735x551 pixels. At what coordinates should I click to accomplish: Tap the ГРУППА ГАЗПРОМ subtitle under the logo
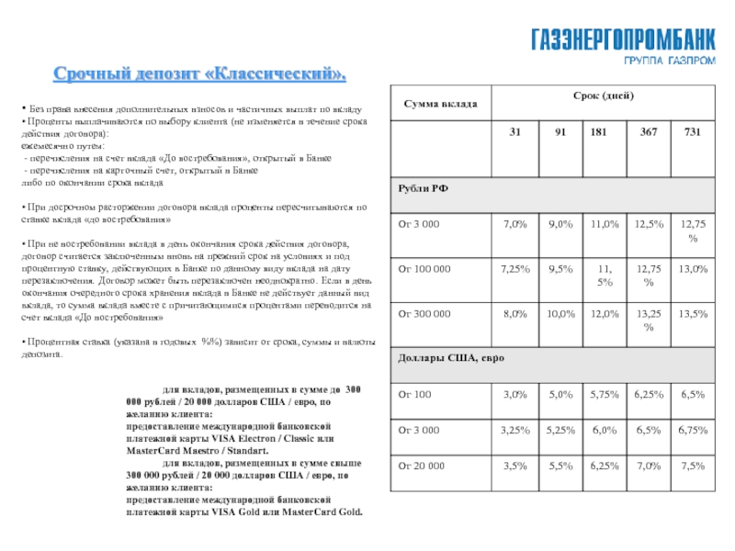click(662, 60)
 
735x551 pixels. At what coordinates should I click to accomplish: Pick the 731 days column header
click(692, 133)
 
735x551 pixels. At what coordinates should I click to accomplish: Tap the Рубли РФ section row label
click(423, 187)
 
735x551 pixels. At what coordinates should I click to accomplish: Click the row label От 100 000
click(424, 268)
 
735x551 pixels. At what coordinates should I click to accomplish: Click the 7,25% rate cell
click(514, 268)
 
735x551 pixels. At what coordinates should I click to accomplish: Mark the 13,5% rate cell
click(692, 313)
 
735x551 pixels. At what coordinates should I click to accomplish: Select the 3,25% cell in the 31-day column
click(514, 429)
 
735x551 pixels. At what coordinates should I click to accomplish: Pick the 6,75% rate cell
click(692, 429)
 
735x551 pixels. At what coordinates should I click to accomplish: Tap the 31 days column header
click(514, 133)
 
